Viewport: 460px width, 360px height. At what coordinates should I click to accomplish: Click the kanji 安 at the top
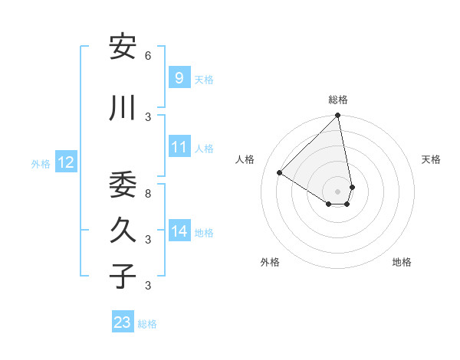[x=123, y=47]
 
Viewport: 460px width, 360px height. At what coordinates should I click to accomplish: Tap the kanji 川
[x=123, y=109]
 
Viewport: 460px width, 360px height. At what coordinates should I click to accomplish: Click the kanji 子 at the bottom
[x=123, y=277]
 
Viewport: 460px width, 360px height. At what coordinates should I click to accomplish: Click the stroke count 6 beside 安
[x=148, y=56]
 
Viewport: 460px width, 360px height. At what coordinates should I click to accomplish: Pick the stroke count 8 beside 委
[x=148, y=194]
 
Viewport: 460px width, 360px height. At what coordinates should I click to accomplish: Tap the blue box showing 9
[x=179, y=77]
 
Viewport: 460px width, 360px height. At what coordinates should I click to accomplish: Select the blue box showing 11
[x=179, y=147]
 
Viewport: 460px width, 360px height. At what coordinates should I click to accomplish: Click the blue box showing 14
[x=179, y=231]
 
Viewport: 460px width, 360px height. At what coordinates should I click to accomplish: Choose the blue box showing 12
[x=65, y=162]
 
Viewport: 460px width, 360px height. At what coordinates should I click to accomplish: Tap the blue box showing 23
[x=122, y=322]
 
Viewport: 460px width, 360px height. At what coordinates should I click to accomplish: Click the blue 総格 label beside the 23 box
[x=147, y=324]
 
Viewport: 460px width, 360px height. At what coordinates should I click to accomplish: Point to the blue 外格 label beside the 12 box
[x=41, y=163]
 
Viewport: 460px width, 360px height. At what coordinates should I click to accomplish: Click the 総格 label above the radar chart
[x=338, y=100]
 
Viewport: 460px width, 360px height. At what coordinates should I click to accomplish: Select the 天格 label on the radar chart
[x=432, y=159]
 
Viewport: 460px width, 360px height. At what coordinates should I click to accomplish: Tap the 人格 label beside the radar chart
[x=245, y=159]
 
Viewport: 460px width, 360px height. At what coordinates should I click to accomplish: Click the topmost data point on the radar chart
[x=337, y=116]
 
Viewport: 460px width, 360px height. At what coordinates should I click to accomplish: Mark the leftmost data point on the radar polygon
[x=280, y=173]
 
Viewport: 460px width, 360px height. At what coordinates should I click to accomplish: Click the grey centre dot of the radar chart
[x=337, y=191]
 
